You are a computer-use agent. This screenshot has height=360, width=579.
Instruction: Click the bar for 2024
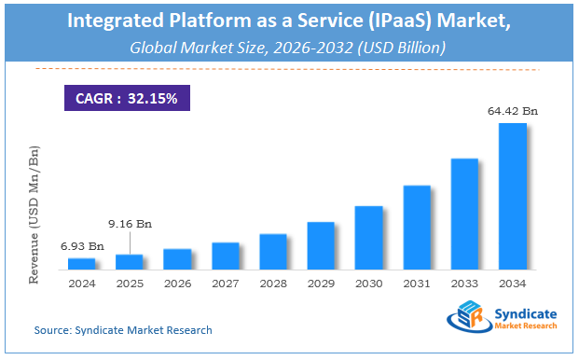[81, 264]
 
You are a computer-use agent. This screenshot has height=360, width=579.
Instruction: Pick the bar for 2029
[321, 245]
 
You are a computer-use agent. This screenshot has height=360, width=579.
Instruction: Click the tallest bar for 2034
[513, 196]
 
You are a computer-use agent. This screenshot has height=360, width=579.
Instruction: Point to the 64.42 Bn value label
[512, 112]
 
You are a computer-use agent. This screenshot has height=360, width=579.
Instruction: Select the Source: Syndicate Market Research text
[123, 329]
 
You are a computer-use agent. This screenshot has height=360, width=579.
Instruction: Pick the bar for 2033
[464, 214]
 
